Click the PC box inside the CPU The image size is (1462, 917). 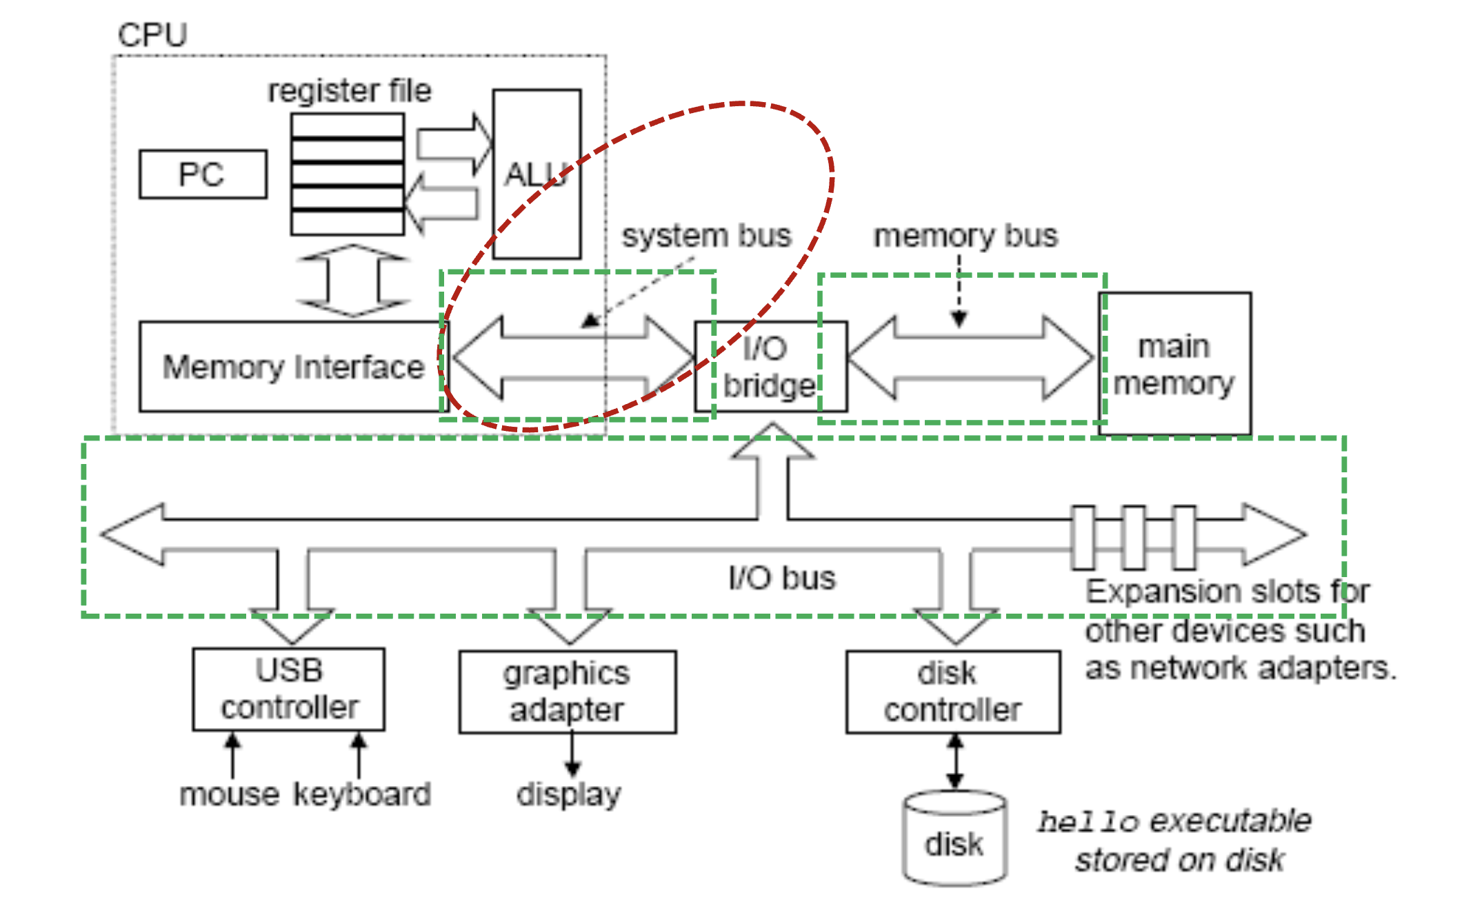point(203,174)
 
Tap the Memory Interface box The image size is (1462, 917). point(294,367)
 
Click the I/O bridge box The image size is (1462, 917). point(771,367)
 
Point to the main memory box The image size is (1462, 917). point(1174,364)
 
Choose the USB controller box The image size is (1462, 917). point(289,689)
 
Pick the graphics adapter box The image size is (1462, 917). point(568,692)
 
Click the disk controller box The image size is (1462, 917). point(953,692)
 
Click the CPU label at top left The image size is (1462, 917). point(152,35)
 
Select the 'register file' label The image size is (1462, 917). point(350,91)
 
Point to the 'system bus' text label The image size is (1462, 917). point(706,236)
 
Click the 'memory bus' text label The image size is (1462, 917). point(965,236)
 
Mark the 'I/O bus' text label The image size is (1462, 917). point(782,578)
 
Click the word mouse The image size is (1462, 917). point(230,794)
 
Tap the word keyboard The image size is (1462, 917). point(363,794)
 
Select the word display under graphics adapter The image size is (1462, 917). point(569,794)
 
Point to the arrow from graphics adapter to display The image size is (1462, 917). point(572,755)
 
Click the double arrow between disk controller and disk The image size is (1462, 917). point(955,761)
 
